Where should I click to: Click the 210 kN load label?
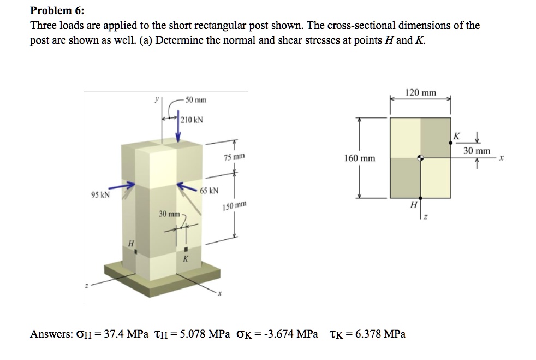click(x=192, y=119)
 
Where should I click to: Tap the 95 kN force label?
click(x=99, y=194)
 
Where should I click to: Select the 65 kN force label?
click(x=210, y=191)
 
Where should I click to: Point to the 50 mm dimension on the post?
click(x=195, y=100)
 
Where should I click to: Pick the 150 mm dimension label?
click(x=235, y=206)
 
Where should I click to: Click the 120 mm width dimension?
click(x=420, y=93)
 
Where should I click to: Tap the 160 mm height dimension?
click(x=360, y=158)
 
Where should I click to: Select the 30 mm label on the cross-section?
click(x=476, y=150)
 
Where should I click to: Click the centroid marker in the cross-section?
click(x=420, y=158)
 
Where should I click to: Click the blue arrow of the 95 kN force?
click(x=124, y=187)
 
